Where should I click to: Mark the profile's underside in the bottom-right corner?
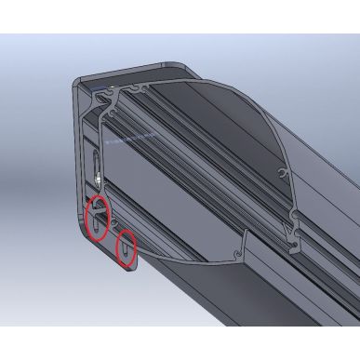click(316, 298)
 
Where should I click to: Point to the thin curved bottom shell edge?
click(186, 256)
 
